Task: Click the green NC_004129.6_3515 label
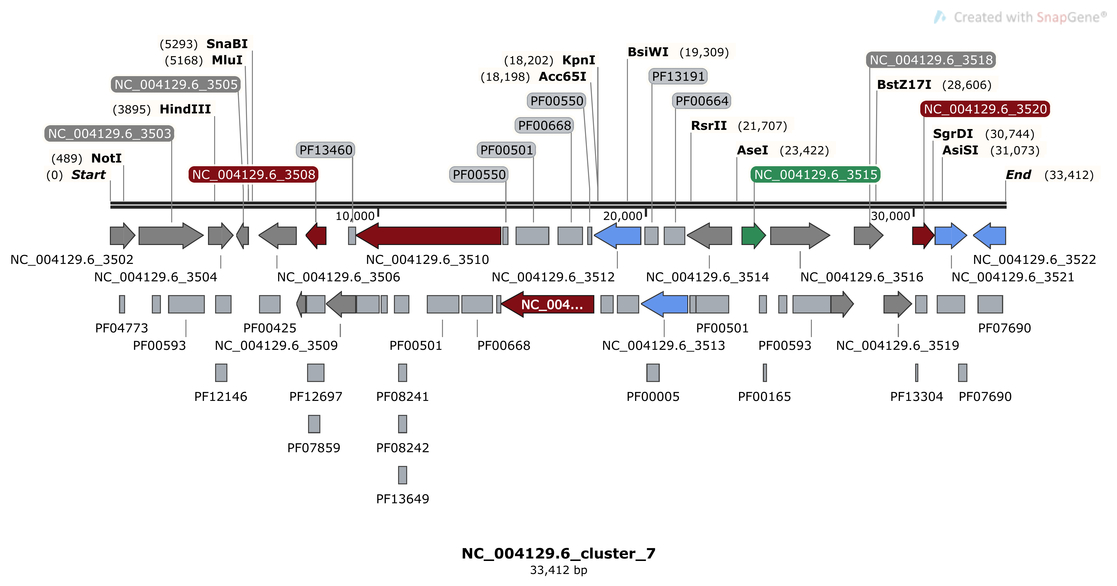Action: tap(815, 175)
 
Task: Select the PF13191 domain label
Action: tap(678, 76)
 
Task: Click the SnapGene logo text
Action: tap(1028, 17)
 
